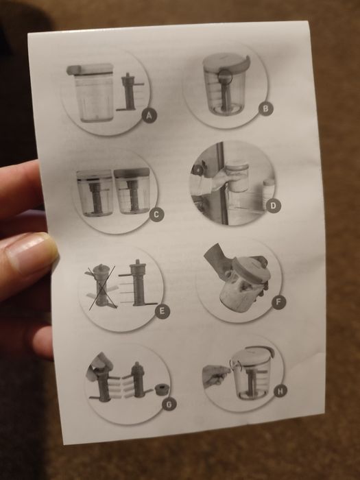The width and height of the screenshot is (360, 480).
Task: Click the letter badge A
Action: tap(149, 116)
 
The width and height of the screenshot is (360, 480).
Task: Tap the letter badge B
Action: tap(265, 108)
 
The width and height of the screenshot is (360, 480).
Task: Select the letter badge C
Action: tap(156, 214)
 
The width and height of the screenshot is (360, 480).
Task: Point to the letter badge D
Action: tap(273, 206)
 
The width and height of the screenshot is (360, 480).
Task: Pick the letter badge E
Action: tap(163, 311)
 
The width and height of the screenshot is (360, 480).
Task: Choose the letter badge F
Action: tap(278, 302)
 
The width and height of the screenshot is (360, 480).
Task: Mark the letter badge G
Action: tap(169, 405)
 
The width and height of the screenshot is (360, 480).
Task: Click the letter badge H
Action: tap(280, 390)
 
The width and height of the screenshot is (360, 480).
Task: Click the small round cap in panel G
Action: tap(163, 389)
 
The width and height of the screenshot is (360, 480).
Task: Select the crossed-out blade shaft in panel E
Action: tap(101, 285)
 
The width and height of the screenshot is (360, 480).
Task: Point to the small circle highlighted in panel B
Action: tap(226, 76)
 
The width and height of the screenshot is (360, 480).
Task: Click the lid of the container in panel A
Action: tap(90, 69)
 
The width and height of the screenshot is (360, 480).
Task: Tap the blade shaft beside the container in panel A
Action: tap(129, 92)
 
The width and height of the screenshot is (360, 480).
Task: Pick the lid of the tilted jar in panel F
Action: tap(252, 269)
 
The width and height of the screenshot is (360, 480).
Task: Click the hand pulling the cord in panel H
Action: tap(216, 375)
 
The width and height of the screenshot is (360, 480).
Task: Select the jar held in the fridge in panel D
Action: tap(237, 177)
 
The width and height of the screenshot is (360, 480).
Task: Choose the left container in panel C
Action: tap(95, 193)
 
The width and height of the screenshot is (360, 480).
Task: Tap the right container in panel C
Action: tap(132, 191)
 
